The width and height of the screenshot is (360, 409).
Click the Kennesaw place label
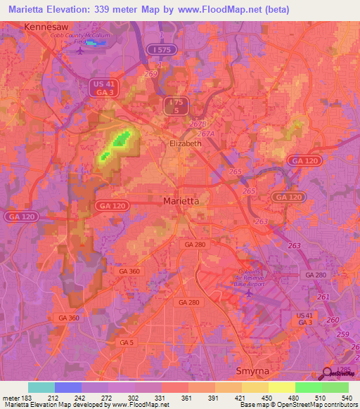tap(49, 26)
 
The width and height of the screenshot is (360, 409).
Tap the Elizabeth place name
tap(186, 143)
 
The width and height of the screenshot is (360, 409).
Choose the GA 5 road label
tap(126, 342)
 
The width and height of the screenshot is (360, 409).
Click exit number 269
tap(150, 73)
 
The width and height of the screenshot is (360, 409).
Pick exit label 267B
tap(198, 124)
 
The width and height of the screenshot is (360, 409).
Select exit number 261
tap(323, 297)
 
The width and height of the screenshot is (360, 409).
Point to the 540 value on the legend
tap(346, 397)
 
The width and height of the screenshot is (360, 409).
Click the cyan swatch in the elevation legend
tap(41, 387)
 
